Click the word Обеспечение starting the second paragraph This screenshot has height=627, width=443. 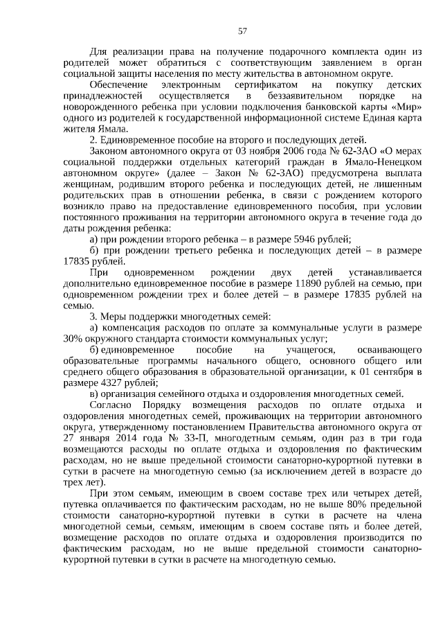point(122,85)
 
